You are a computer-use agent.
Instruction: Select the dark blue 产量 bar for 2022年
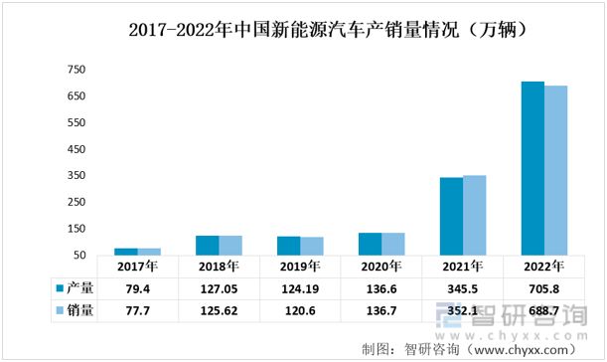pyautogui.click(x=532, y=168)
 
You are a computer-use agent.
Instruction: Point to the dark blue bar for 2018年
pyautogui.click(x=207, y=245)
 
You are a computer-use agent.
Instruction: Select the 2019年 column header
pyautogui.click(x=300, y=267)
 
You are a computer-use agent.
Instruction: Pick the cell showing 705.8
pyautogui.click(x=544, y=288)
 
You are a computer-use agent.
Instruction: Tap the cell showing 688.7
pyautogui.click(x=544, y=310)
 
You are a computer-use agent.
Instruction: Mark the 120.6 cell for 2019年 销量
pyautogui.click(x=299, y=310)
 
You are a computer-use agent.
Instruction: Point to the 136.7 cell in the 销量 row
pyautogui.click(x=380, y=310)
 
